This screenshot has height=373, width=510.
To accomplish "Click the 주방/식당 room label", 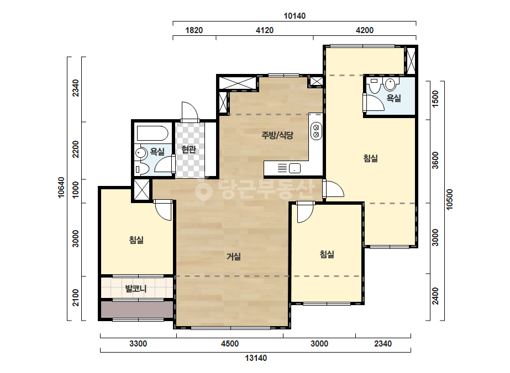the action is click(277, 135).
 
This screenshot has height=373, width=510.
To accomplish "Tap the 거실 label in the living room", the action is click(234, 257).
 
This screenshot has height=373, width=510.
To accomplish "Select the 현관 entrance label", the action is click(188, 149).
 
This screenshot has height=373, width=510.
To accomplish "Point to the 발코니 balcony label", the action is click(136, 288).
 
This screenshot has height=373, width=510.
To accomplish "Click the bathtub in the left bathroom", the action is click(152, 133).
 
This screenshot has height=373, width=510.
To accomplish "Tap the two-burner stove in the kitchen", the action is click(316, 131).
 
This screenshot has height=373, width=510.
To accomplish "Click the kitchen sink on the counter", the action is click(295, 168).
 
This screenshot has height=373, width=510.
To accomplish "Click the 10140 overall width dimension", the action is click(295, 15).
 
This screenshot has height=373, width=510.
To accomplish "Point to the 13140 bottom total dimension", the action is click(256, 358).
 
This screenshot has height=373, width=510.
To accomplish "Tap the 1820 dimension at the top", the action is click(194, 30).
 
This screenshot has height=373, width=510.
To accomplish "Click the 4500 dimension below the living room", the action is click(230, 343).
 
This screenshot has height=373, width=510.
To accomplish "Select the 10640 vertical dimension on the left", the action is click(61, 188).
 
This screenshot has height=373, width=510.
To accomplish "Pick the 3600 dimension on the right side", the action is click(435, 160).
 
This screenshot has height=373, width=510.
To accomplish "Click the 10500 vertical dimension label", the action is click(450, 200).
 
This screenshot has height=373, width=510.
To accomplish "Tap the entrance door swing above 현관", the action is click(190, 111).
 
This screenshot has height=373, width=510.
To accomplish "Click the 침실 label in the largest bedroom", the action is click(370, 158).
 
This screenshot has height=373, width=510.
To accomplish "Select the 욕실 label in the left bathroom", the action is click(157, 151).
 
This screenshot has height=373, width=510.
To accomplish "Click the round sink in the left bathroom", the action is click(141, 153).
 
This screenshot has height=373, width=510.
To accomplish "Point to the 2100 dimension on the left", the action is click(76, 297).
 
